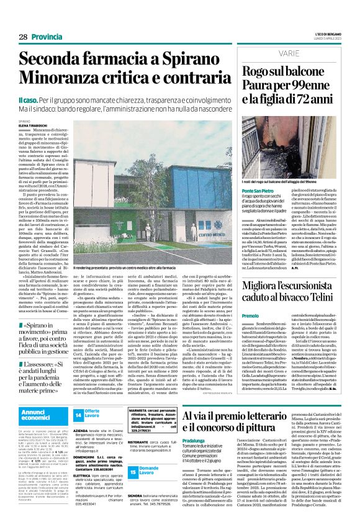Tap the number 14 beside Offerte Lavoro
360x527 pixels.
click(x=78, y=414)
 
